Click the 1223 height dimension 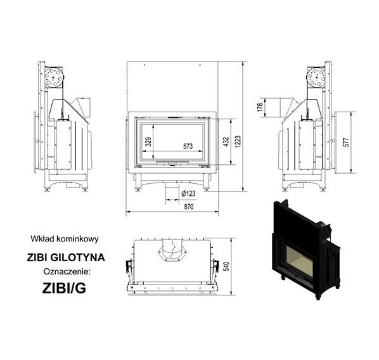[238, 142]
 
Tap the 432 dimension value [226, 142]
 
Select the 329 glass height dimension [148, 141]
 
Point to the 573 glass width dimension [188, 146]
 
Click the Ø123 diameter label [188, 193]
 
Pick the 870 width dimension [188, 207]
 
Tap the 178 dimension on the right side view [260, 107]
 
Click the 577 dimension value [346, 143]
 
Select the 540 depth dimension [227, 266]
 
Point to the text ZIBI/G [64, 288]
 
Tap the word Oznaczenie [67, 272]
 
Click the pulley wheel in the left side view [54, 77]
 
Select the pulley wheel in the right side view [316, 77]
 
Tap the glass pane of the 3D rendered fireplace [298, 262]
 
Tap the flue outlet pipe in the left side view [83, 107]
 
